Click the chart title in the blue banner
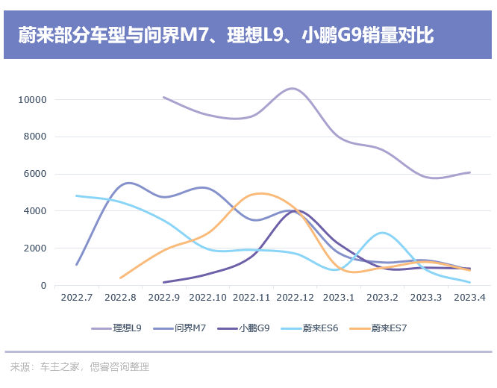[x=225, y=35]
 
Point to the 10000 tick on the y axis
[x=33, y=100]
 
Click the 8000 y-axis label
[x=35, y=137]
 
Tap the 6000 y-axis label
[x=35, y=174]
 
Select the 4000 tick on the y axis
[x=35, y=211]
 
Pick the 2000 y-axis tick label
[x=35, y=248]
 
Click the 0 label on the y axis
[x=44, y=286]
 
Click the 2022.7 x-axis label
[x=77, y=298]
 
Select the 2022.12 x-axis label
[x=295, y=298]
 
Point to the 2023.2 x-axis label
[x=384, y=298]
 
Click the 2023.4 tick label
[x=470, y=298]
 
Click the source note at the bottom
[x=80, y=367]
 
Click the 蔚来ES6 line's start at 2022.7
[x=76, y=195]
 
